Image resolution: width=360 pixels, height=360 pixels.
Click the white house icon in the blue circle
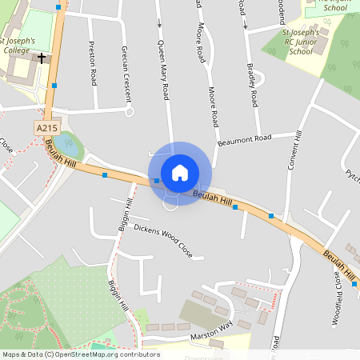coord(180,173)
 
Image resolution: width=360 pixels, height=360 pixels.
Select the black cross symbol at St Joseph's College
coord(42,58)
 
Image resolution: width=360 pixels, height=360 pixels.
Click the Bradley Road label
coord(253,86)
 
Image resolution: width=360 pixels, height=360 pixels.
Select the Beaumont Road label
coord(244,140)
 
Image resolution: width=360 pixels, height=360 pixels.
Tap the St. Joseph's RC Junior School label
coord(300,42)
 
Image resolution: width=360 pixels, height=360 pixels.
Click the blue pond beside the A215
coord(70,146)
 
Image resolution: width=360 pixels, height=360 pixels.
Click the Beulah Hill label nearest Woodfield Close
coord(341,266)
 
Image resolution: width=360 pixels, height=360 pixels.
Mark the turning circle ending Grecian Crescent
coord(129,112)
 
